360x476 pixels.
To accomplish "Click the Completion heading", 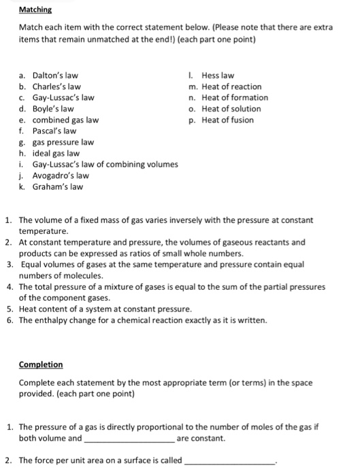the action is click(40, 364).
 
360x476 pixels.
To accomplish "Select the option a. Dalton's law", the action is click(55, 75).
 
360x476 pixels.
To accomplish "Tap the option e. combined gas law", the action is click(65, 120).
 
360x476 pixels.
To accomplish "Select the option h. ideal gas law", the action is click(56, 153).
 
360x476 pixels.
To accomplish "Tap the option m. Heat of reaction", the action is click(231, 86).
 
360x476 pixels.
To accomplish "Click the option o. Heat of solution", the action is click(231, 109).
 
